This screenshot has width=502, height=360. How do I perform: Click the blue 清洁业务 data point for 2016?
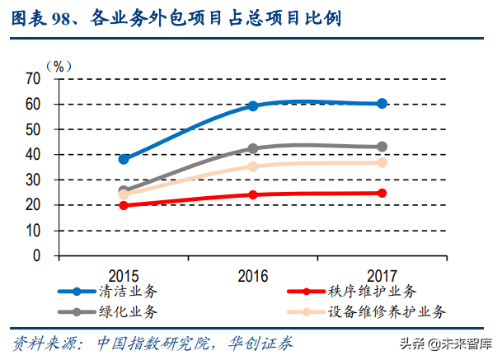[x=253, y=105]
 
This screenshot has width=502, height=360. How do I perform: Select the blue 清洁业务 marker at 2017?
[x=382, y=103]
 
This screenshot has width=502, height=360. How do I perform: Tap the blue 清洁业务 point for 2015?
[x=124, y=159]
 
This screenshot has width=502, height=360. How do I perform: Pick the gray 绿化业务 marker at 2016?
[x=253, y=149]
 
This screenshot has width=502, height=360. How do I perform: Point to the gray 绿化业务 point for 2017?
[x=382, y=147]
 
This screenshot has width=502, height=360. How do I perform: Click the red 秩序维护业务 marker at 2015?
[x=124, y=205]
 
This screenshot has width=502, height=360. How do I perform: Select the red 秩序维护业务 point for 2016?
[x=253, y=194]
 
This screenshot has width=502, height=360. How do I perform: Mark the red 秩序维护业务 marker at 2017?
[x=382, y=193]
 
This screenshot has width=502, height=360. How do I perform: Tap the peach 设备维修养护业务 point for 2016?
[x=253, y=166]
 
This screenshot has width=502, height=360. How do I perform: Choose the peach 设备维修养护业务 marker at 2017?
[x=382, y=162]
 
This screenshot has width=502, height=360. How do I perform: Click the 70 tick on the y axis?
[x=33, y=78]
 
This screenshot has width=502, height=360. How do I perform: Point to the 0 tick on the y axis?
[x=37, y=255]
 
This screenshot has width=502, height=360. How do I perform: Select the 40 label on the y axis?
[x=33, y=154]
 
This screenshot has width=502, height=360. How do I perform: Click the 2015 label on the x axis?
[x=124, y=275]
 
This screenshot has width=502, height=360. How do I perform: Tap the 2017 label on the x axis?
[x=382, y=275]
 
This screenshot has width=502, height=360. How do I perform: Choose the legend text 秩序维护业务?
[x=372, y=292]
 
